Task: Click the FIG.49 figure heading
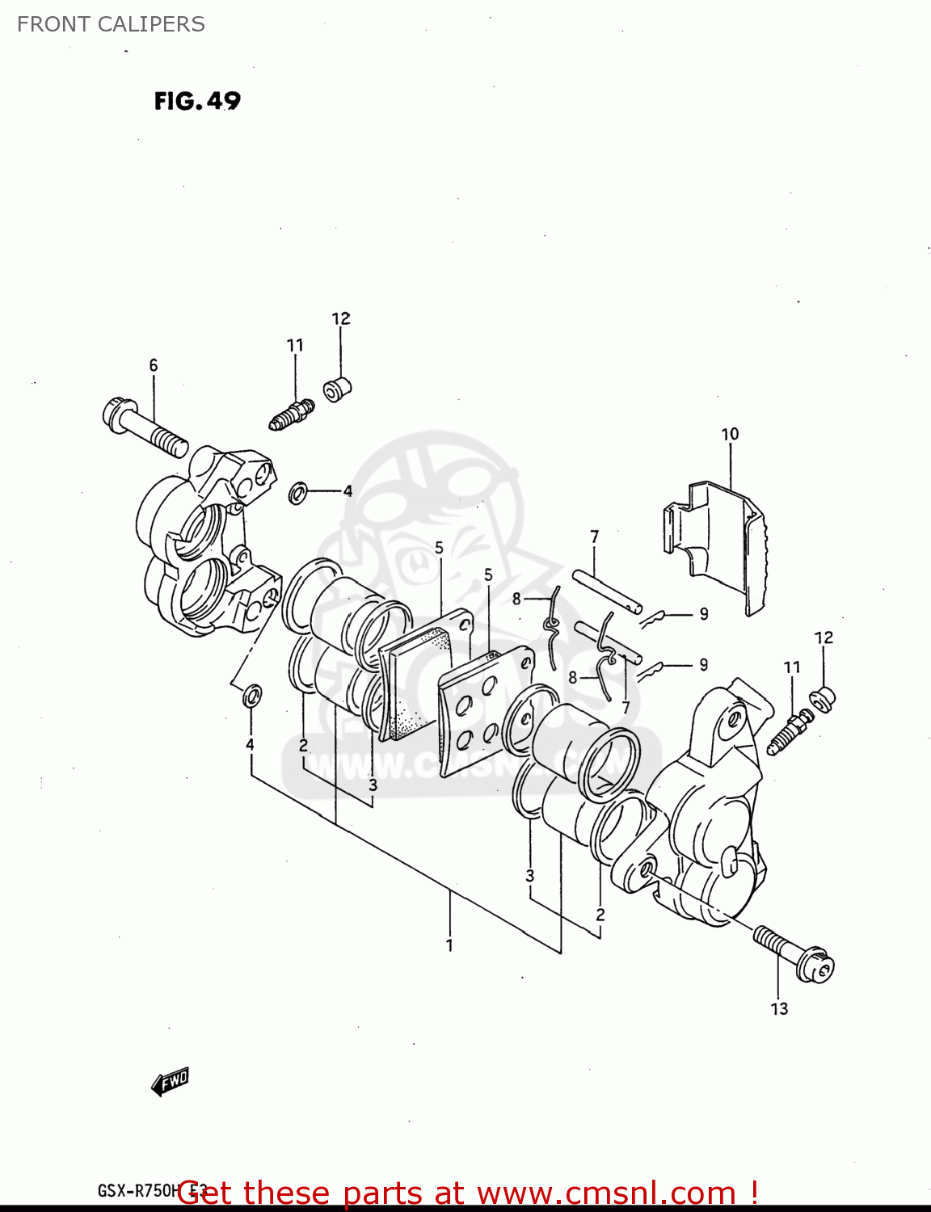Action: (x=197, y=101)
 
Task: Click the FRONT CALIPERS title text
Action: (x=111, y=24)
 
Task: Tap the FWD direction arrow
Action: (x=170, y=1081)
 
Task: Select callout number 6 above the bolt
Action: (x=154, y=365)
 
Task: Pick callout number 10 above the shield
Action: (x=730, y=434)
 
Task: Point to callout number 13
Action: (x=779, y=1008)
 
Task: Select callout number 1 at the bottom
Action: (x=450, y=945)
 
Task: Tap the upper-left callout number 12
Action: (x=341, y=318)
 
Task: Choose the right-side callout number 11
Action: (x=792, y=667)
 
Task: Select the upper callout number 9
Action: (x=704, y=614)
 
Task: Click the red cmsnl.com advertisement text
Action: (x=469, y=1193)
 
